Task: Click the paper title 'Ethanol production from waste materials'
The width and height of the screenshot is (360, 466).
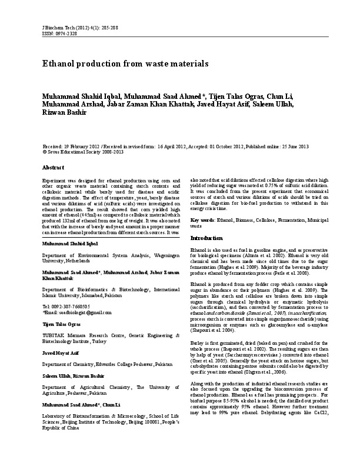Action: [x=125, y=63]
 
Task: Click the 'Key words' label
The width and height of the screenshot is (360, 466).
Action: [x=202, y=220]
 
